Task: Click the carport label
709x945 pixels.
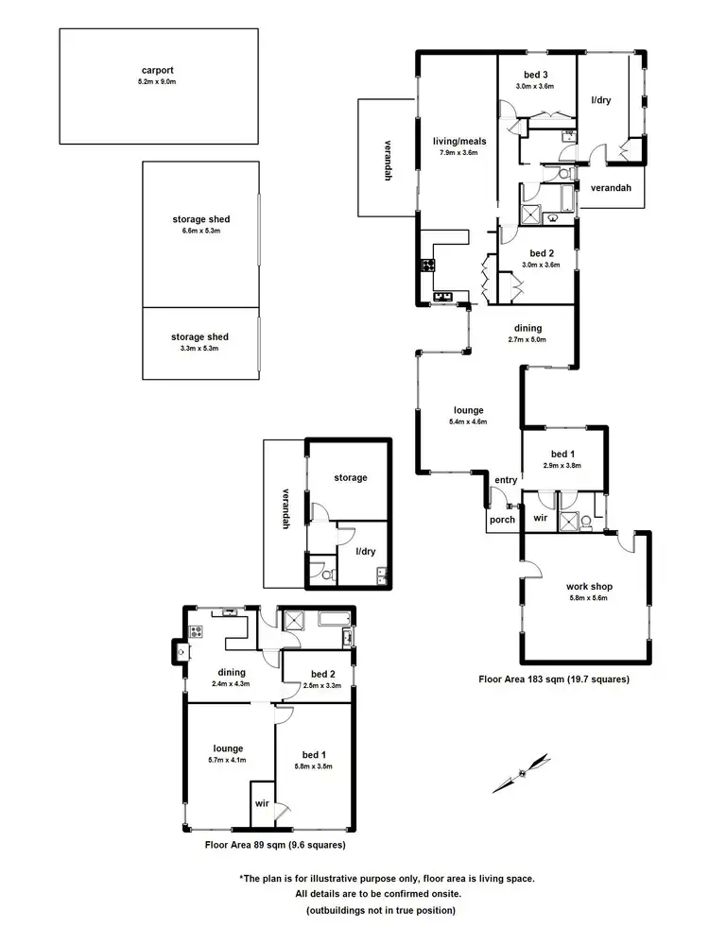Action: coord(158,70)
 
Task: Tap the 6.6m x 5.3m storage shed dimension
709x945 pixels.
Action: coord(200,232)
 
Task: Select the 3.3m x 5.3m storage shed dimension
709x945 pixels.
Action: coord(200,349)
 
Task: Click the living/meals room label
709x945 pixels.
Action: coord(458,141)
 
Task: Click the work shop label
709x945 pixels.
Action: coord(586,586)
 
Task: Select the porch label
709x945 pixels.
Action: coord(502,519)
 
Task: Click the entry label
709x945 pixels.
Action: coord(506,480)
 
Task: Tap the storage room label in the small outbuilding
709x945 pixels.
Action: coord(351,478)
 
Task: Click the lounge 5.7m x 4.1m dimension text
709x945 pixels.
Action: coord(229,759)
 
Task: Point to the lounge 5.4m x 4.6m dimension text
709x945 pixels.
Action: coord(469,421)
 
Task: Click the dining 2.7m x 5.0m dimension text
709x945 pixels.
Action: coord(527,339)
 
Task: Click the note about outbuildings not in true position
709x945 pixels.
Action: coord(380,910)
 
